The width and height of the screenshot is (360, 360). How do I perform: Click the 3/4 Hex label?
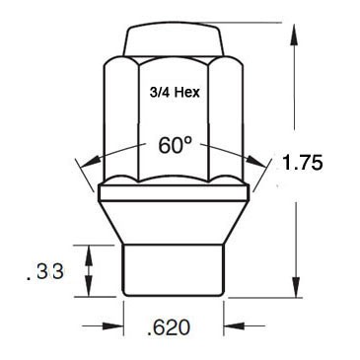[x=175, y=93]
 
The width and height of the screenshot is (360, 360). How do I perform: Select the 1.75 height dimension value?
[x=303, y=163]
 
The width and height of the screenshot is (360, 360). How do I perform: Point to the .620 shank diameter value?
[x=170, y=327]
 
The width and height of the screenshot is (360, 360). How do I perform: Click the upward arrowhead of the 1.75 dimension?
[x=294, y=37]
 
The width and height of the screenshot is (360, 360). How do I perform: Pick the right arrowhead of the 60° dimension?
[x=255, y=161]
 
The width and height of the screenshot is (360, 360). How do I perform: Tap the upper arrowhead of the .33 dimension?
[x=89, y=255]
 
